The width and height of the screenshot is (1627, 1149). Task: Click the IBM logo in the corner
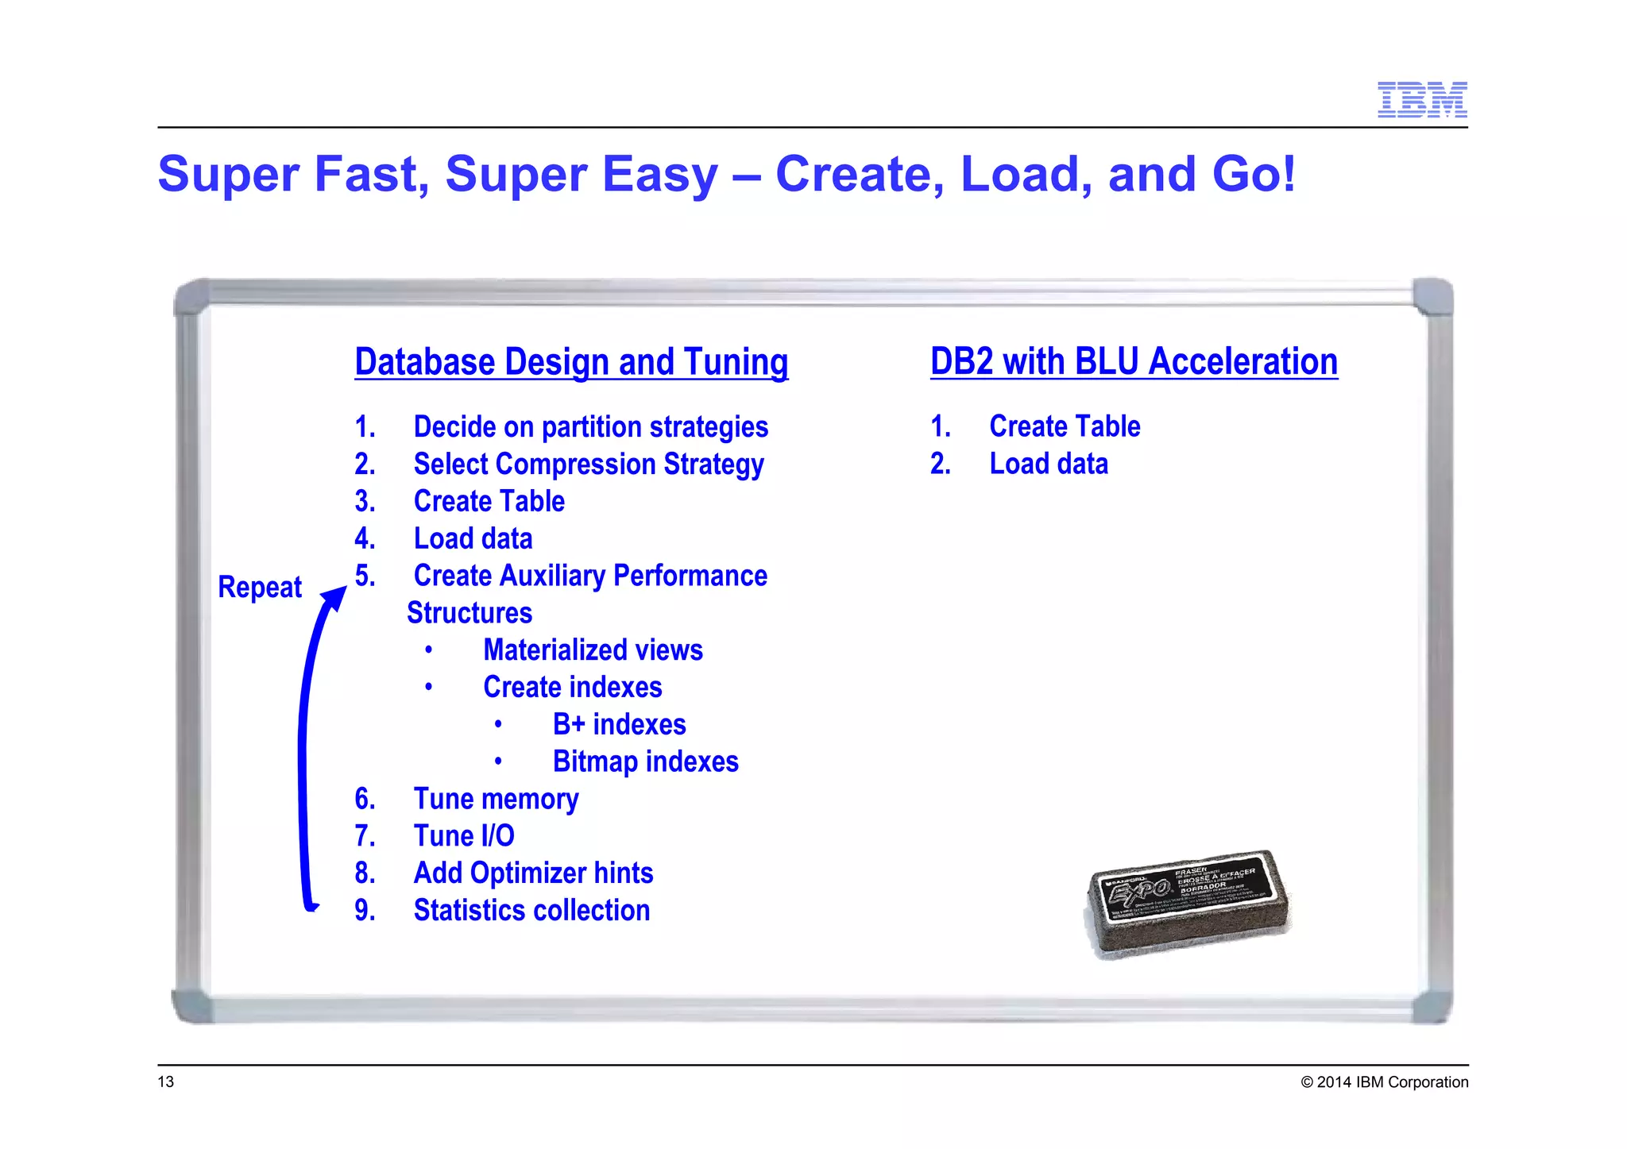pyautogui.click(x=1421, y=100)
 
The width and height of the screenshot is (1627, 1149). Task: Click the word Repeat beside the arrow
pyautogui.click(x=260, y=588)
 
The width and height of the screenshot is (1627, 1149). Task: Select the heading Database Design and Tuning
pyautogui.click(x=571, y=362)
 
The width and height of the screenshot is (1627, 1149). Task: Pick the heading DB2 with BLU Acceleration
pyautogui.click(x=1134, y=361)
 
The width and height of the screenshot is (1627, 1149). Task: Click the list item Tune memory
pyautogui.click(x=496, y=799)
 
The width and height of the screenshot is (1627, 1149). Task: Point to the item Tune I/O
pyautogui.click(x=464, y=836)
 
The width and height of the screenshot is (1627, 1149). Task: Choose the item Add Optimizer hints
pyautogui.click(x=533, y=873)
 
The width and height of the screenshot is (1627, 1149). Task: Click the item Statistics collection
pyautogui.click(x=531, y=911)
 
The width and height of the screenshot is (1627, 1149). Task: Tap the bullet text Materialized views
pyautogui.click(x=593, y=650)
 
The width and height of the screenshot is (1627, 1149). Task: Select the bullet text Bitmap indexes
pyautogui.click(x=645, y=762)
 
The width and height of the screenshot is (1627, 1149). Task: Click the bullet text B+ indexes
pyautogui.click(x=619, y=725)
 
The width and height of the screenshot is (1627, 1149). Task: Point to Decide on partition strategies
pyautogui.click(x=590, y=427)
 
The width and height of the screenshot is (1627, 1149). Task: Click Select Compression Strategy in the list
pyautogui.click(x=588, y=465)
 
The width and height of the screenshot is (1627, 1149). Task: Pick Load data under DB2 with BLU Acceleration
pyautogui.click(x=1048, y=464)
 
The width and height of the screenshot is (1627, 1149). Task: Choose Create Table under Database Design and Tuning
pyautogui.click(x=489, y=502)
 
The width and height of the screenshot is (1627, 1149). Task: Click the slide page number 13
pyautogui.click(x=166, y=1082)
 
